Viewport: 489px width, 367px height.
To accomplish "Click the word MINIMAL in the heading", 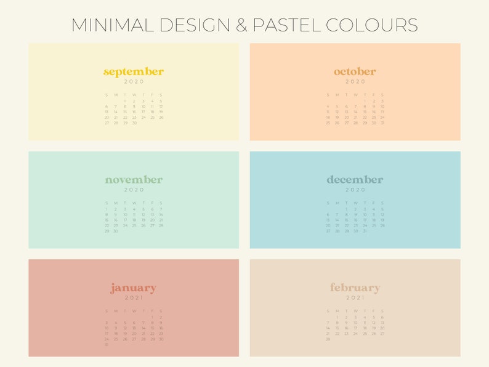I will pyautogui.click(x=112, y=25).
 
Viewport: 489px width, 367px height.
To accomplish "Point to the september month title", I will pyautogui.click(x=134, y=71).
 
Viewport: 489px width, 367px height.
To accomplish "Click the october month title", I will pyautogui.click(x=355, y=71).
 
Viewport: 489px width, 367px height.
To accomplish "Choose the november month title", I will pyautogui.click(x=134, y=180).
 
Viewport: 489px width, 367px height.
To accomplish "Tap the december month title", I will pyautogui.click(x=355, y=180).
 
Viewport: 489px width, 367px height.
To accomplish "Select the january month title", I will pyautogui.click(x=134, y=288).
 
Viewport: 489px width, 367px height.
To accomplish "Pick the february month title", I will pyautogui.click(x=355, y=288).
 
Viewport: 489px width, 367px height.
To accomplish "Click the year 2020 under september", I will pyautogui.click(x=134, y=82).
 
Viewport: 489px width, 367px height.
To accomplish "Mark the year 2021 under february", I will pyautogui.click(x=355, y=298).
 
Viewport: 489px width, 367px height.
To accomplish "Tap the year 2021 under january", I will pyautogui.click(x=134, y=298).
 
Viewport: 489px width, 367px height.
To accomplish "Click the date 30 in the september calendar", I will pyautogui.click(x=134, y=123).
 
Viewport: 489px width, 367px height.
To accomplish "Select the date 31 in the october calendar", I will pyautogui.click(x=382, y=123).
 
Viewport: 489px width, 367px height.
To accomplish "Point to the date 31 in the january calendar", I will pyautogui.click(x=107, y=344).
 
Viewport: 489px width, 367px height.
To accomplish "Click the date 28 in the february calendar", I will pyautogui.click(x=328, y=339).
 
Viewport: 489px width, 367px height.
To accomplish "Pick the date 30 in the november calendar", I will pyautogui.click(x=116, y=231).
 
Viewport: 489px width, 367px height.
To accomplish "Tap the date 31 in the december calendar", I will pyautogui.click(x=364, y=231).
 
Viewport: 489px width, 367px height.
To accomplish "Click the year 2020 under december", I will pyautogui.click(x=355, y=190).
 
